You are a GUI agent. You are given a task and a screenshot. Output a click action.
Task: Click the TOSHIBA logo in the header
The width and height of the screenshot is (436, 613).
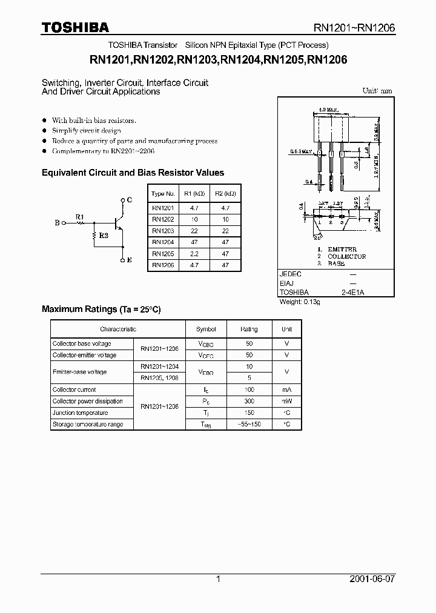point(75,27)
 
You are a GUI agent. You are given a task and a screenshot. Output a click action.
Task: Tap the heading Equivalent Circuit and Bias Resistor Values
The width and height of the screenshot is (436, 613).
point(133,173)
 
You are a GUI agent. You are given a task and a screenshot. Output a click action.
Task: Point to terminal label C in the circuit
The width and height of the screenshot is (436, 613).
point(129,199)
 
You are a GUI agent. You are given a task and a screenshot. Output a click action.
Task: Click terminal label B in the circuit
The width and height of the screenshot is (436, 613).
point(57,223)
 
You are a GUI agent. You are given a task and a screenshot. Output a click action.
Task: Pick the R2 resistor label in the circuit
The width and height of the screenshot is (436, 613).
point(104,236)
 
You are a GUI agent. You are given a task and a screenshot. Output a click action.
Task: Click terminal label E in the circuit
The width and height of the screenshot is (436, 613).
point(129,260)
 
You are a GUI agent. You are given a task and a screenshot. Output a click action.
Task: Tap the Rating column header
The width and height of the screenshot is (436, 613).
point(249,330)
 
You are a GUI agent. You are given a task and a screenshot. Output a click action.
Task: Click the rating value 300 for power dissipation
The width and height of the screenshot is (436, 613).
point(249,402)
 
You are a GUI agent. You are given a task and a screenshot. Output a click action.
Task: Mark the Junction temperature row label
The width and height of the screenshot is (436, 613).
point(80,413)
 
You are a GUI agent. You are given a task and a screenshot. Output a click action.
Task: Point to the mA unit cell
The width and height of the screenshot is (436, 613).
point(287,390)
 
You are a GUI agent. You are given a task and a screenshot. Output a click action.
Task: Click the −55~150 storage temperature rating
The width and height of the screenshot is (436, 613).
point(249,425)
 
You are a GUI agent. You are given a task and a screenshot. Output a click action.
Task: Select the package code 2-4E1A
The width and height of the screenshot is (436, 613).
point(352,293)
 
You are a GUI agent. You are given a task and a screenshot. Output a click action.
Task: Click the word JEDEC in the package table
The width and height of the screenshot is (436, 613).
point(290,274)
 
